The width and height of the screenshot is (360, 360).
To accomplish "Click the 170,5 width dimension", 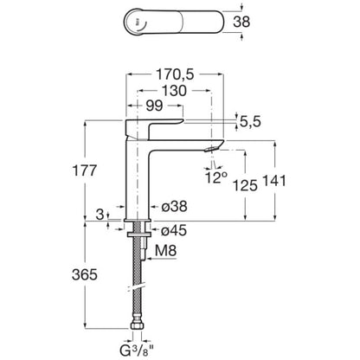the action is (176, 74).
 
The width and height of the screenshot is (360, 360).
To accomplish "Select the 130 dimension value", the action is (174, 91).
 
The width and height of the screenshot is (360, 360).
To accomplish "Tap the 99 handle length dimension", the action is (154, 106).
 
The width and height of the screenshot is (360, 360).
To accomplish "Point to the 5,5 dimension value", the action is (250, 122).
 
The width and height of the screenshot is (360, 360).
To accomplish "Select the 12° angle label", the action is (216, 177).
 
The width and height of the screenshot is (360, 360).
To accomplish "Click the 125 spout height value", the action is (245, 185).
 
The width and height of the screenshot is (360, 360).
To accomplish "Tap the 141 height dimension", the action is (273, 181).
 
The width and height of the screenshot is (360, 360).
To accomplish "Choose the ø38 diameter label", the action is (174, 207).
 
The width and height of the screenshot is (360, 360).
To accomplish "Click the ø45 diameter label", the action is (174, 230).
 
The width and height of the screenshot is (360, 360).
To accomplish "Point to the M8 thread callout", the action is (166, 250).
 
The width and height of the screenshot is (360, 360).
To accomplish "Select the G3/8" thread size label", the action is (137, 351).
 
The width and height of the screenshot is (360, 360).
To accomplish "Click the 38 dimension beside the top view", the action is (241, 22).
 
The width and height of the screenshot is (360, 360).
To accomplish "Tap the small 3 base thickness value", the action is (100, 215).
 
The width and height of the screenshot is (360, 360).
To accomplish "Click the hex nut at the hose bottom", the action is (138, 325).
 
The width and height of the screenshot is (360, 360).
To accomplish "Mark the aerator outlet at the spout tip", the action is (211, 149).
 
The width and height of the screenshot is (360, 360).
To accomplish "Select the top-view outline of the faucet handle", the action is (174, 22).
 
